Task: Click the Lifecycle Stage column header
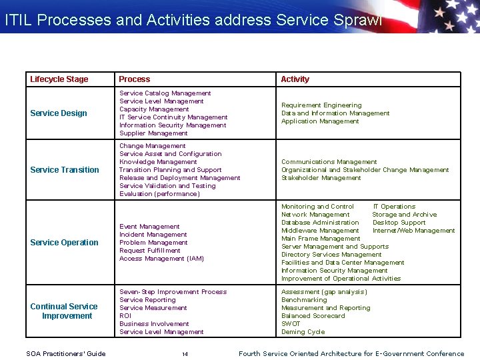pos(59,79)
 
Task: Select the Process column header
pos(134,79)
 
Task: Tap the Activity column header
pos(295,79)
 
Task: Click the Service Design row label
pos(59,113)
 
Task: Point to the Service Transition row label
pos(65,170)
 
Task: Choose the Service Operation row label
pos(64,243)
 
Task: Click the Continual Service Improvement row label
pos(64,311)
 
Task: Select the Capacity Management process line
pos(154,109)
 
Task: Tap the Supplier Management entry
pos(153,133)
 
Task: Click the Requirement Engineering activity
pos(321,105)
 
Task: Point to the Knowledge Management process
pos(158,162)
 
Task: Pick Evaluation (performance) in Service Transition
pos(159,194)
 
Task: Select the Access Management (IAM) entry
pos(161,259)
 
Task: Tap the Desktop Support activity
pos(399,223)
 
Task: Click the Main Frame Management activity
pos(321,239)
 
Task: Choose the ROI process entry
pos(125,316)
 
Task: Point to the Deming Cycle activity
pos(303,332)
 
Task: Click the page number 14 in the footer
pos(185,354)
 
